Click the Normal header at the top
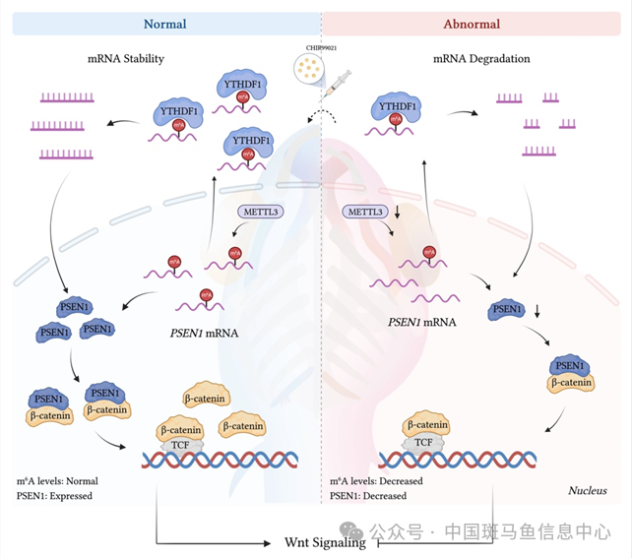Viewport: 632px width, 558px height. click(164, 23)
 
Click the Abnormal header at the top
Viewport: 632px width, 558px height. click(472, 23)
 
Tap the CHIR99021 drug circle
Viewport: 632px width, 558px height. click(306, 68)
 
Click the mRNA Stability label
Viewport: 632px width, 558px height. click(125, 59)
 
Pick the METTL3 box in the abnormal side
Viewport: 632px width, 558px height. click(364, 211)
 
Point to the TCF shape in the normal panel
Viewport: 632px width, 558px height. click(179, 445)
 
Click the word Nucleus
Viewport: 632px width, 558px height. click(587, 490)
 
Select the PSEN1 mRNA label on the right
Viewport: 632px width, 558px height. click(421, 322)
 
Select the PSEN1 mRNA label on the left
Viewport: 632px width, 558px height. click(200, 333)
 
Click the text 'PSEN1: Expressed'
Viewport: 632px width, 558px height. click(54, 496)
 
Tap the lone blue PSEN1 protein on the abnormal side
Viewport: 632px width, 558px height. click(506, 312)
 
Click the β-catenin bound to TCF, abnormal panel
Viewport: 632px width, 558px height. click(426, 426)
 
